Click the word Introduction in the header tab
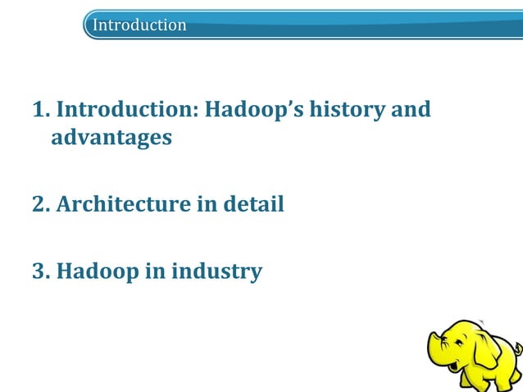[139, 25]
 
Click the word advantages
[111, 137]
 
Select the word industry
[216, 271]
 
